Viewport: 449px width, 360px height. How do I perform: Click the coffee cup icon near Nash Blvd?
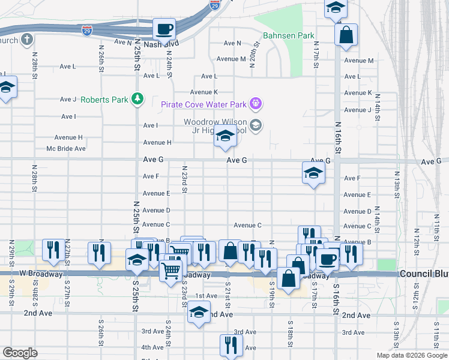tap(164, 28)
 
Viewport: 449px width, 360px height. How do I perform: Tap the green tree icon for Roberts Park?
tap(137, 98)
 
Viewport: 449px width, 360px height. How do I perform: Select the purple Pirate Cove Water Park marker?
tap(255, 104)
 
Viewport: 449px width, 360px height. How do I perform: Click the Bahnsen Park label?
tap(288, 36)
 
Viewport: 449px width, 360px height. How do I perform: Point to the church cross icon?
tap(26, 40)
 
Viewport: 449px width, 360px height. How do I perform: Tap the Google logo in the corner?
tap(20, 353)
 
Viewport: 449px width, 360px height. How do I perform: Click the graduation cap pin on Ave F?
tap(313, 174)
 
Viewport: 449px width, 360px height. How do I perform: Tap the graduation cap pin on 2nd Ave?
tap(199, 313)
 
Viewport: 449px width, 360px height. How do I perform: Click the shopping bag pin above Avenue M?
tap(346, 35)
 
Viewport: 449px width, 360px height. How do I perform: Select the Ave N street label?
tap(232, 43)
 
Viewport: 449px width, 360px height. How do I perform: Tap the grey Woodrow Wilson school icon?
tap(256, 125)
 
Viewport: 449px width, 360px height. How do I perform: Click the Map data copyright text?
tap(411, 355)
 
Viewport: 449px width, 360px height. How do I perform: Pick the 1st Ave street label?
tap(206, 296)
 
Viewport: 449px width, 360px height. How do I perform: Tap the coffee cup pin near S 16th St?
tap(327, 259)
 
